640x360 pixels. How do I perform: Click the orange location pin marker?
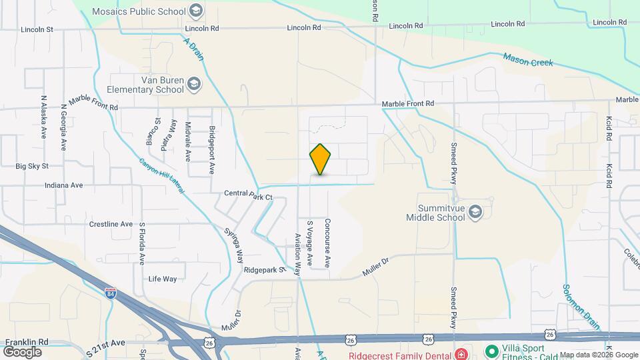click(x=321, y=159)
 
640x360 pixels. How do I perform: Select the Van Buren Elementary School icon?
click(x=193, y=84)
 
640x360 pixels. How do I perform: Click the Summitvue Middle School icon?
click(x=475, y=212)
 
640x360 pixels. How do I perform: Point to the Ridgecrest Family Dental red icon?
click(x=461, y=353)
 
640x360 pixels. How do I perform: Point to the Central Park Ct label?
click(x=249, y=197)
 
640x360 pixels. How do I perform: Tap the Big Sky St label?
click(x=33, y=166)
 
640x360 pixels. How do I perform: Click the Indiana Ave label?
click(x=64, y=185)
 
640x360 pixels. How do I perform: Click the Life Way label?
click(x=163, y=279)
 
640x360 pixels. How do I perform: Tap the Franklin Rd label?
click(x=26, y=341)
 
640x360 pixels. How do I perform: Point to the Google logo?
click(x=22, y=351)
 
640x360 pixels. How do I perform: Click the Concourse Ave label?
click(x=327, y=243)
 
